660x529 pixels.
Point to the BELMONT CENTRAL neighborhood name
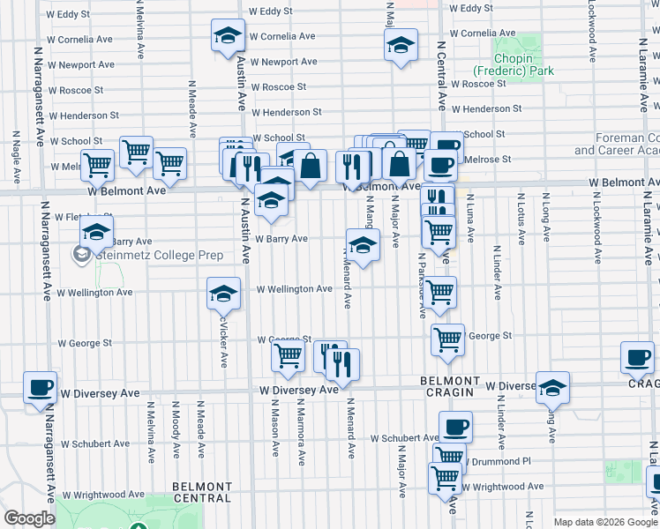click(x=202, y=492)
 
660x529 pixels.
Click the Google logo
click(x=29, y=518)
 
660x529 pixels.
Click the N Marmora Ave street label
click(x=301, y=434)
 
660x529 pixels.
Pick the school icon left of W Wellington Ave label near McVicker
click(x=224, y=293)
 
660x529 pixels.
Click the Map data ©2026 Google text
click(x=604, y=522)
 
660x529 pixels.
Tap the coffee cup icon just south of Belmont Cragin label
click(x=455, y=427)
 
